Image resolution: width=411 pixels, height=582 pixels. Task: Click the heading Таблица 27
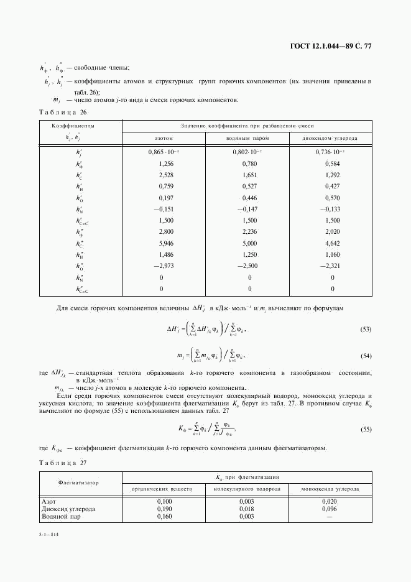62,461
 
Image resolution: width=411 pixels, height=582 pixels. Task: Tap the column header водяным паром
249,138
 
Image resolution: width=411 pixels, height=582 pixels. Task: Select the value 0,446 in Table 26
249,197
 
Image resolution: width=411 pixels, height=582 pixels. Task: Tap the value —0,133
330,209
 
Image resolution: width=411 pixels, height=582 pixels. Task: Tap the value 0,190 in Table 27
164,508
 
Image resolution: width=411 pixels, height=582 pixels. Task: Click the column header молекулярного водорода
247,489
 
